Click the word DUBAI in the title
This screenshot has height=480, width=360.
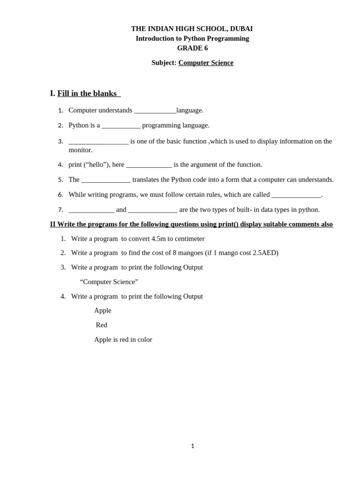point(241,29)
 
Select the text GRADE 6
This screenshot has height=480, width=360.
point(192,48)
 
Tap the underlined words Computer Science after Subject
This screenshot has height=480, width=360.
point(206,62)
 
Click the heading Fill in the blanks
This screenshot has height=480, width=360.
point(87,93)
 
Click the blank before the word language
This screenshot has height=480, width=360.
point(155,111)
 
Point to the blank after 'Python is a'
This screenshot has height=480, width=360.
point(121,126)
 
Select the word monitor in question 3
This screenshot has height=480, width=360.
point(81,150)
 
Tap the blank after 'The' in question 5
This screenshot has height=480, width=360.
point(106,180)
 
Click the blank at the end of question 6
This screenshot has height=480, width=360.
point(296,195)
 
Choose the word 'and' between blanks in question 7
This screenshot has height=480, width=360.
point(121,210)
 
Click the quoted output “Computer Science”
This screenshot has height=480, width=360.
point(109,282)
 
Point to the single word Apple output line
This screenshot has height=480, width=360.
point(103,310)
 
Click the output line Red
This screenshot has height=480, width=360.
point(101,325)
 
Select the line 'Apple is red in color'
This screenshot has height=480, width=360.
point(123,339)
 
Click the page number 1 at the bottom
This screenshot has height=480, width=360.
point(192,446)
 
